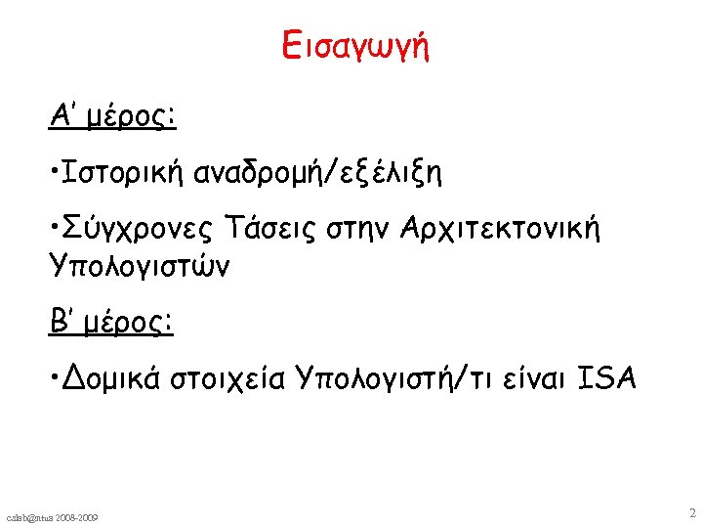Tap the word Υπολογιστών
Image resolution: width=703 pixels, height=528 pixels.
(x=140, y=266)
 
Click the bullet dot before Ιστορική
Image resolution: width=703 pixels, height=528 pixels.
(x=56, y=176)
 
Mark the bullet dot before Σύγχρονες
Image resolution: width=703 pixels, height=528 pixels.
(x=56, y=233)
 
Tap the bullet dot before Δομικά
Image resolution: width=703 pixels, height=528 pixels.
(x=56, y=377)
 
